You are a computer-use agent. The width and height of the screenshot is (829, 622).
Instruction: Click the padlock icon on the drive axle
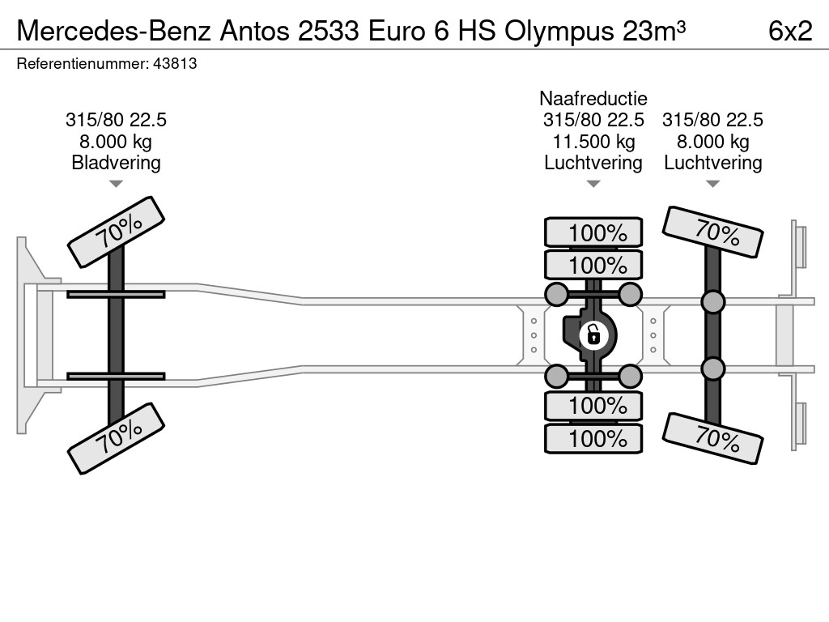593,334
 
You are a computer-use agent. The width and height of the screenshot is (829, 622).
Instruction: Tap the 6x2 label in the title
790,31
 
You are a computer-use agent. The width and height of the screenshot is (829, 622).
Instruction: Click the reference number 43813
175,63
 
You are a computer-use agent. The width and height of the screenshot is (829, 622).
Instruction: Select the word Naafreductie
593,98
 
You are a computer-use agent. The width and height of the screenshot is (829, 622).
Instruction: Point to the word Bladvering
116,162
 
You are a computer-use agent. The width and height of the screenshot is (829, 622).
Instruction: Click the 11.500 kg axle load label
593,141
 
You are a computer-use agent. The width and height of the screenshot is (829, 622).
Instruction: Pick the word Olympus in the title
559,32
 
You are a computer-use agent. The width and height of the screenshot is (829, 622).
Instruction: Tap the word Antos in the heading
254,31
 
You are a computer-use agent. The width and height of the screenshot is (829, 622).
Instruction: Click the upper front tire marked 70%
117,232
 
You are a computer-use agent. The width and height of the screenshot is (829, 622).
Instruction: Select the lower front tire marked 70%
117,438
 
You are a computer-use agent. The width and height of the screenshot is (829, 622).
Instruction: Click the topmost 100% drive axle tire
593,232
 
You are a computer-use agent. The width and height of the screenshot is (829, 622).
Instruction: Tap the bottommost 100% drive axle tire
593,438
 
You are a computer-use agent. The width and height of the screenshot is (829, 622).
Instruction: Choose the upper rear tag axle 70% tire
712,232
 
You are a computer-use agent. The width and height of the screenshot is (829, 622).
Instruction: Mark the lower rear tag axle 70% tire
712,438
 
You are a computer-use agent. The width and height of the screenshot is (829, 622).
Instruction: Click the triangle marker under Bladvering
116,184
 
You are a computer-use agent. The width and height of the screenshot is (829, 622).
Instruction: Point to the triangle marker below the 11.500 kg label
593,184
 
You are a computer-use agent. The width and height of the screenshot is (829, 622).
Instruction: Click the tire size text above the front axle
116,120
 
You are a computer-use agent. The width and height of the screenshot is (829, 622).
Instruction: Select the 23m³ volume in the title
654,31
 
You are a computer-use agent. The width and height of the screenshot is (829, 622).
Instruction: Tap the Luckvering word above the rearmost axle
712,162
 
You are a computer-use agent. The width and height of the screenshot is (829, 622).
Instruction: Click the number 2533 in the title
329,31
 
